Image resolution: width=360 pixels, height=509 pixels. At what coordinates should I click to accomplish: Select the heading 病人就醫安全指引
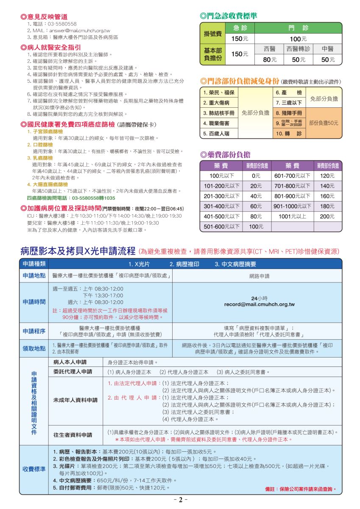pos(51,47)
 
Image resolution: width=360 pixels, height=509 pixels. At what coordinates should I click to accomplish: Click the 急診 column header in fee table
pos(240,28)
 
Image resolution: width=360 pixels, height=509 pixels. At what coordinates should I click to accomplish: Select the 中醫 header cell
pos(327,49)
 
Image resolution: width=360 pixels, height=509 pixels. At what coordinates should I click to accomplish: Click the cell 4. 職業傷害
pos(216,123)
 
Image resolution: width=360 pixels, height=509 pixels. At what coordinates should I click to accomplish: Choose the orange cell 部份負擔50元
pos(324,123)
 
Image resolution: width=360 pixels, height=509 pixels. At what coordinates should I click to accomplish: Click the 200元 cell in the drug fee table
pos(327,216)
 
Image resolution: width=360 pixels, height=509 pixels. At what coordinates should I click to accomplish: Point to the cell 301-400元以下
pos(221,206)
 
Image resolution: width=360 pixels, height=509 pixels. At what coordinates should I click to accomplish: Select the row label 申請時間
pos(34,302)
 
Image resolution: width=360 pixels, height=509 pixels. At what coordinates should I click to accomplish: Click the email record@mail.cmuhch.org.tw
pos(259,305)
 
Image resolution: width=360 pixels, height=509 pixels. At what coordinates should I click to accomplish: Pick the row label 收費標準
pos(34,469)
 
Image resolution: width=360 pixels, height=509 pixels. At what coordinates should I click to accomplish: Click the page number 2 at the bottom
pos(179,500)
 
